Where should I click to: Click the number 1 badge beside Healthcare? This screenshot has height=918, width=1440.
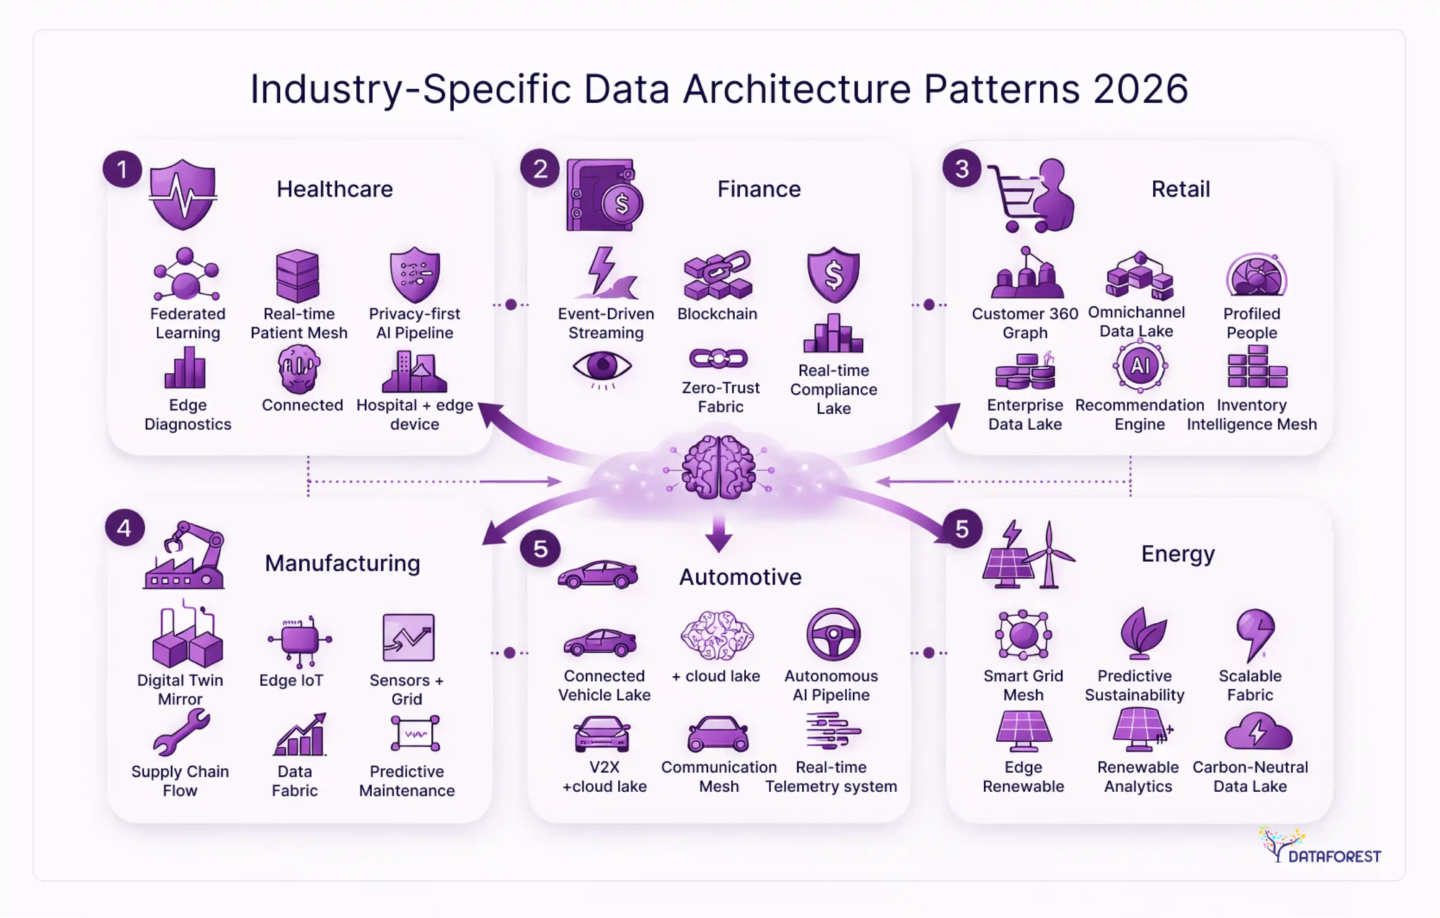click(x=122, y=169)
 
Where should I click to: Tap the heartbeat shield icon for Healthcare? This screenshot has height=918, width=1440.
click(x=183, y=195)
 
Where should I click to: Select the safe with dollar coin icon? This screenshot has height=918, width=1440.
click(x=603, y=195)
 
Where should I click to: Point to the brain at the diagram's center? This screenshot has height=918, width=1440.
click(x=719, y=467)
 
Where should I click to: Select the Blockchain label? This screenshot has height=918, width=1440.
click(x=717, y=314)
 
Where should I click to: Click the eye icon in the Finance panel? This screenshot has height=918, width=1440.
click(x=602, y=366)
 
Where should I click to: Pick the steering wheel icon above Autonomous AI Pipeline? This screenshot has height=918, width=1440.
click(x=833, y=634)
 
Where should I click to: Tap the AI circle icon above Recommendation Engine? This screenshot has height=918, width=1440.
click(x=1140, y=365)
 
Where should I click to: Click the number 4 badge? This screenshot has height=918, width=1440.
click(x=125, y=528)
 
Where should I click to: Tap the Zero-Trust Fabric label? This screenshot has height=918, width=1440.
click(x=721, y=397)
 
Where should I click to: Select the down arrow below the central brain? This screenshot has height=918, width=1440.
click(x=719, y=534)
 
